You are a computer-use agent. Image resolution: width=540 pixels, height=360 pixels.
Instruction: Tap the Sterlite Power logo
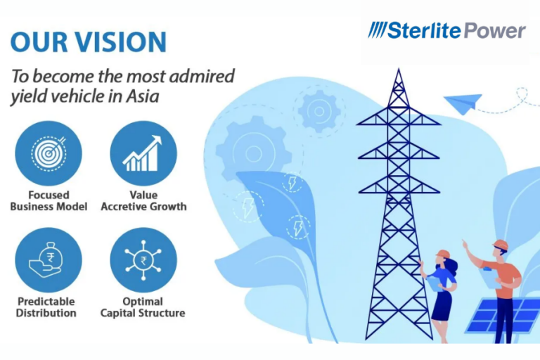tap(446, 30)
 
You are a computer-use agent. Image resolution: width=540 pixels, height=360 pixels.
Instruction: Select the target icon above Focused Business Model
tap(49, 154)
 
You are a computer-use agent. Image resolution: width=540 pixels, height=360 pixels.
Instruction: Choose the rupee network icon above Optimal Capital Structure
tap(143, 260)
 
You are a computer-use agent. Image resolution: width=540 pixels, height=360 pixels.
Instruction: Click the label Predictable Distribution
tap(46, 307)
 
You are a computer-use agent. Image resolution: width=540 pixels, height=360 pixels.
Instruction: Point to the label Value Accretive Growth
tap(143, 201)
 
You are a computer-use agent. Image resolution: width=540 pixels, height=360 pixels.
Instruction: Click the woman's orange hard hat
tap(442, 255)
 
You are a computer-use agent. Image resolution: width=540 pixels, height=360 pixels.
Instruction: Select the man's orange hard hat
tap(501, 245)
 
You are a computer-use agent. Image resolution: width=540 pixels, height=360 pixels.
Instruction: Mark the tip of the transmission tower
tap(399, 69)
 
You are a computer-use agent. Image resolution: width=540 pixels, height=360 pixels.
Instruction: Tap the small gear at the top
tap(319, 111)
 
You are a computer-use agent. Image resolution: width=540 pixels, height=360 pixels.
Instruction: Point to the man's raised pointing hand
tap(465, 245)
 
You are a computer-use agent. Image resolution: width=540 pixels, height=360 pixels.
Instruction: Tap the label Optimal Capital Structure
tap(143, 307)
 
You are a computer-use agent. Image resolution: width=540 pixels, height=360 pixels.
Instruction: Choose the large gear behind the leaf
tap(254, 153)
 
